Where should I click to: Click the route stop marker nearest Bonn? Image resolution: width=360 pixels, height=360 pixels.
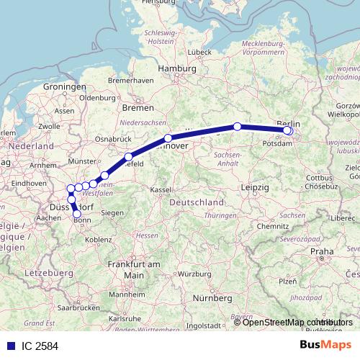tap(77, 214)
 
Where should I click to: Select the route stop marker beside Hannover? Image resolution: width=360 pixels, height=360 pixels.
tap(168, 138)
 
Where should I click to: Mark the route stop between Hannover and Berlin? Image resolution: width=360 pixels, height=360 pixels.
tap(237, 127)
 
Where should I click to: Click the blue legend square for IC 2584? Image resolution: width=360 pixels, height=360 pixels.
tap(7, 346)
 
